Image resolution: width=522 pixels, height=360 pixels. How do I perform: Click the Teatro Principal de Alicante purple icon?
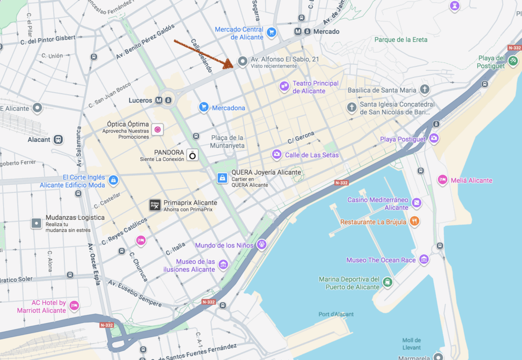pyautogui.click(x=284, y=87)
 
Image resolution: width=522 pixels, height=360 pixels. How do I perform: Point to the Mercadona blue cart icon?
pyautogui.click(x=204, y=107)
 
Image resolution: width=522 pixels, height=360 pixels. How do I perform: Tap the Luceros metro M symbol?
pyautogui.click(x=159, y=100)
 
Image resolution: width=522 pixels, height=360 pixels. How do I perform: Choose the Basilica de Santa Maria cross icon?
pyautogui.click(x=425, y=90)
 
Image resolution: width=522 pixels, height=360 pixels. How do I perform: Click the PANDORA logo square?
pyautogui.click(x=193, y=155)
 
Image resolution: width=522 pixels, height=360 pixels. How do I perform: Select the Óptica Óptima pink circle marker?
pyautogui.click(x=158, y=130)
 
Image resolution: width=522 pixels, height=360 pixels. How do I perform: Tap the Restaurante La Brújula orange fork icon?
pyautogui.click(x=415, y=221)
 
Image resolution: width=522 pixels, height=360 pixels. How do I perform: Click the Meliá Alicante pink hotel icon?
pyautogui.click(x=442, y=180)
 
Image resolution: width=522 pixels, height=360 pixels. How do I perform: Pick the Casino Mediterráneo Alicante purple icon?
pyautogui.click(x=417, y=203)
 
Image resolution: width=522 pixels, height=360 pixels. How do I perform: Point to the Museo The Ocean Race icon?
pyautogui.click(x=424, y=260)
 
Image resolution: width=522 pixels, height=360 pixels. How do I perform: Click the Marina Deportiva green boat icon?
pyautogui.click(x=388, y=283)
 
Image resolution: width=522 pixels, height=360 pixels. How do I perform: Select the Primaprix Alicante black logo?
pyautogui.click(x=155, y=205)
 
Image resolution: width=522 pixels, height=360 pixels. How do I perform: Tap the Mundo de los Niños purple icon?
pyautogui.click(x=262, y=245)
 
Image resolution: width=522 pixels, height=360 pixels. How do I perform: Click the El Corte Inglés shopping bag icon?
pyautogui.click(x=114, y=180)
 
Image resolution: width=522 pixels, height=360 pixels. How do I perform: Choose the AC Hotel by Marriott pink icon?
pyautogui.click(x=74, y=305)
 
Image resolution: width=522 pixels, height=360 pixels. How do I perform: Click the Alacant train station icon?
pyautogui.click(x=58, y=139)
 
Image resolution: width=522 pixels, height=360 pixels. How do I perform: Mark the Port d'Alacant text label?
pyautogui.click(x=336, y=314)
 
